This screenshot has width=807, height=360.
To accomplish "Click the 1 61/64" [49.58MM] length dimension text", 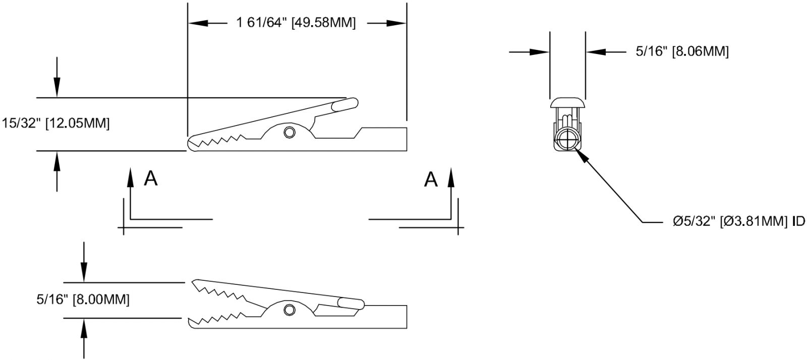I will (296, 23).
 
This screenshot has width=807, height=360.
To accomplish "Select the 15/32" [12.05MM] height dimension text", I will (55, 124).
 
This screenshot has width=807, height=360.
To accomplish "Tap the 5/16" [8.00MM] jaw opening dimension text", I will (83, 299).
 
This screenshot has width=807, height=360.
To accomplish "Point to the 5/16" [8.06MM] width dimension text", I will (682, 51).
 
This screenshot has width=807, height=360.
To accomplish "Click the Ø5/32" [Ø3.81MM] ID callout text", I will (738, 222).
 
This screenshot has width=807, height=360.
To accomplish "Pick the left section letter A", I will (150, 178).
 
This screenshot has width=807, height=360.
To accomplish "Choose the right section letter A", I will (430, 178).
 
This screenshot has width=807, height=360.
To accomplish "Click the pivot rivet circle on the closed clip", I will (290, 133).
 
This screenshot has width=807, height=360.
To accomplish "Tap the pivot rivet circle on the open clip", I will (290, 309).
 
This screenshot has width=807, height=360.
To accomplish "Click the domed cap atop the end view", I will (567, 103).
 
